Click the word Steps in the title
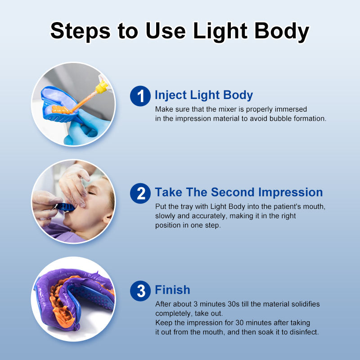click(81, 31)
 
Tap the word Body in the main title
click(282, 31)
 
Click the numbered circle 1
click(140, 96)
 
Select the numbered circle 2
click(140, 193)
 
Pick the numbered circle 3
click(140, 291)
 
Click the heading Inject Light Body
click(204, 95)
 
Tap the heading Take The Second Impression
click(239, 193)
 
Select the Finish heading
click(172, 290)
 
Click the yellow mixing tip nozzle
click(102, 87)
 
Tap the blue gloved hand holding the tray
click(86, 129)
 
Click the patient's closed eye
click(92, 193)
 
